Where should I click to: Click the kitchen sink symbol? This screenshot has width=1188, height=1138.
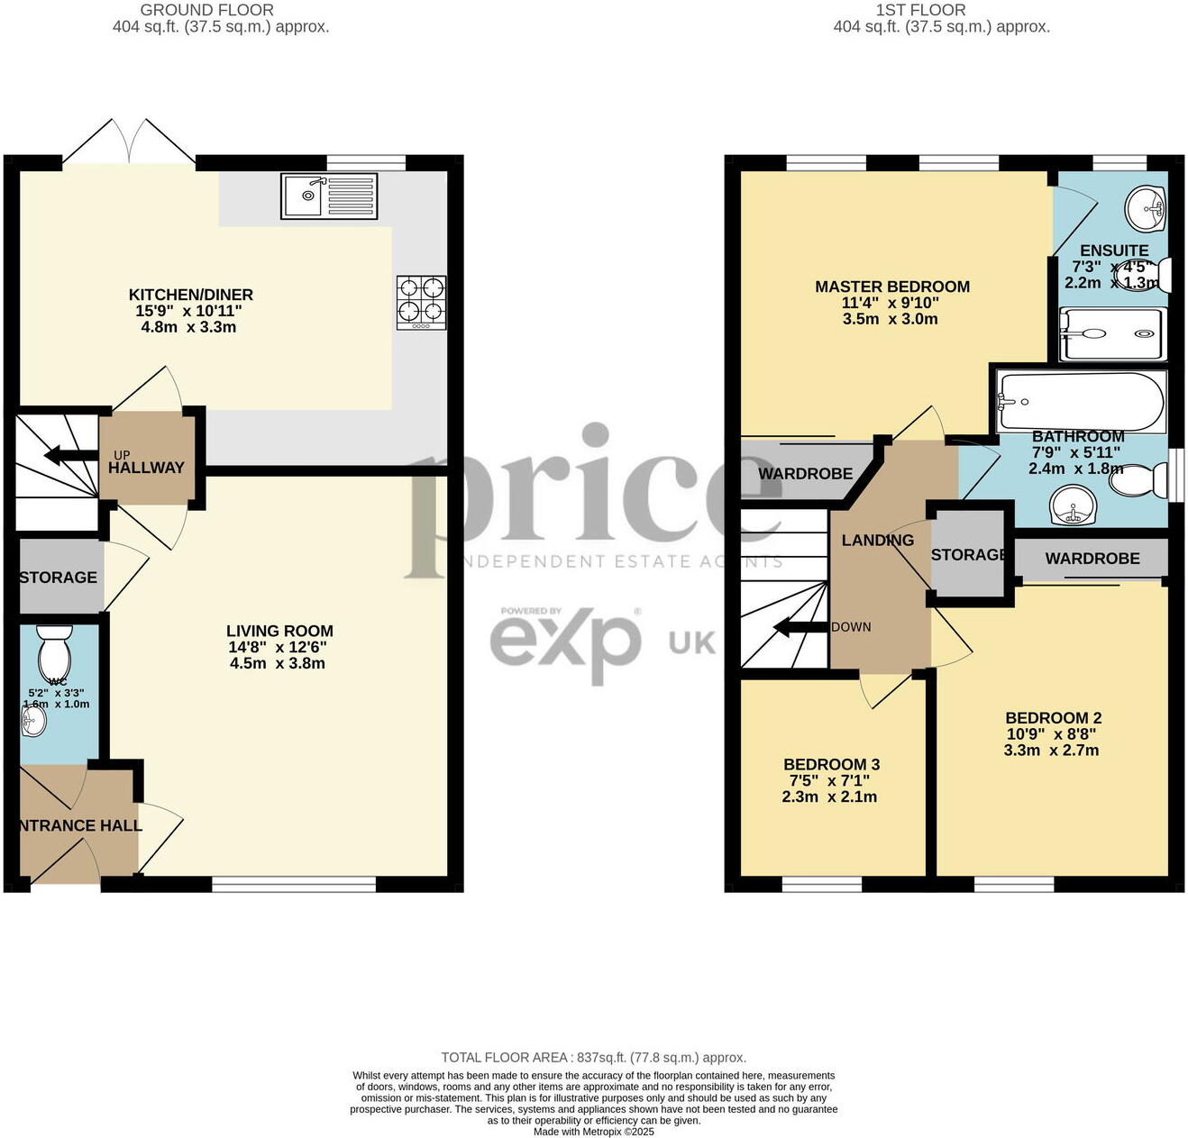coord(328,196)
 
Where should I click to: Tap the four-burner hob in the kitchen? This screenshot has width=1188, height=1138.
coord(421,301)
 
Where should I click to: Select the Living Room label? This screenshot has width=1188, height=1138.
coord(279,631)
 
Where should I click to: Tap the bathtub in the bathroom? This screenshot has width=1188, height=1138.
coord(1080,402)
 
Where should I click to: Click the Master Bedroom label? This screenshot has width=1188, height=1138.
coord(892,287)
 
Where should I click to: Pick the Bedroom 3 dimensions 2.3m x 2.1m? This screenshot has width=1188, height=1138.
coord(829,797)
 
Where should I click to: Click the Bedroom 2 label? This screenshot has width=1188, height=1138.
coord(1054,718)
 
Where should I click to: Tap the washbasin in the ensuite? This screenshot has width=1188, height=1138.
coord(1146,209)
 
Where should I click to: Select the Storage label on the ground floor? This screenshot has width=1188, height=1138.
coord(59,577)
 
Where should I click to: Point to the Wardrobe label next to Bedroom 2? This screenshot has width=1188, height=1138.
coord(1092,559)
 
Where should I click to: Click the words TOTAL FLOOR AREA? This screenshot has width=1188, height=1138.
coord(504,1058)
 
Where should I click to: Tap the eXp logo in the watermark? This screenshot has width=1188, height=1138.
coord(566,642)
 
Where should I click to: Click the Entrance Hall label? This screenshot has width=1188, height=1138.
coord(80,825)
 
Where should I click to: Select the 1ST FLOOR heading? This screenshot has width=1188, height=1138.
coord(920,10)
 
